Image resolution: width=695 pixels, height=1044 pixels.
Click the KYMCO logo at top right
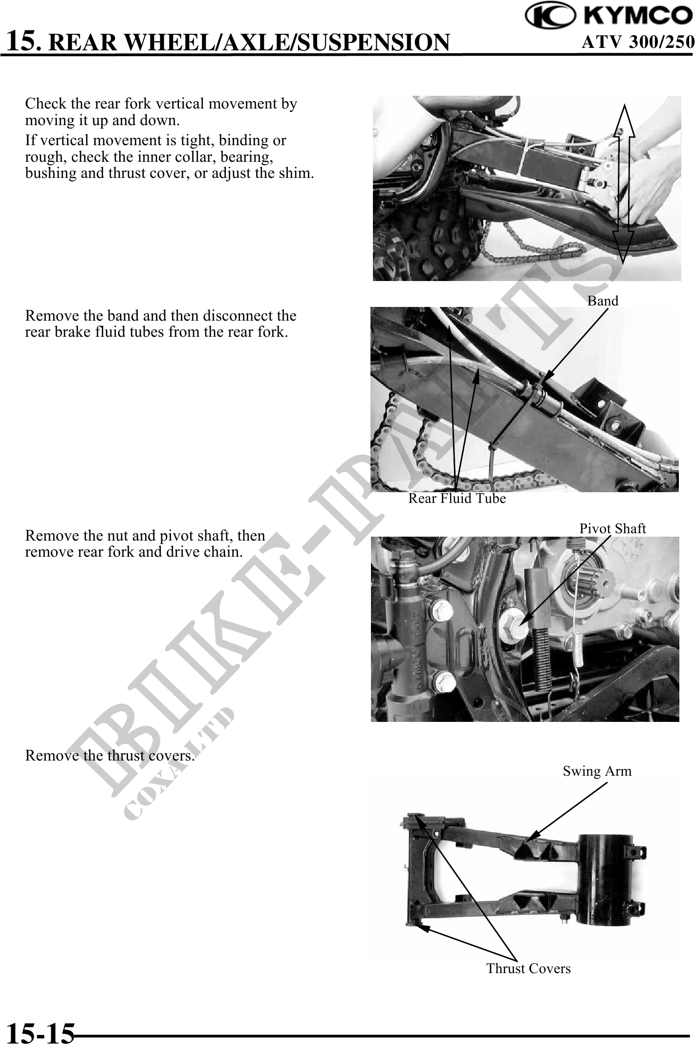pos(609,16)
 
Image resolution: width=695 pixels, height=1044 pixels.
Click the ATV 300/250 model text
pos(637,42)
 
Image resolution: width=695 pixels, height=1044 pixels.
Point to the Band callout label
pos(603,301)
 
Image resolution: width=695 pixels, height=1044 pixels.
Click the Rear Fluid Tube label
pos(457,499)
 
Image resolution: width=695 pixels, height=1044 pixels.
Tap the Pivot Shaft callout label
pos(612,528)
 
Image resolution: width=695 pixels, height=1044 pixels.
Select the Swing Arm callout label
pos(597,771)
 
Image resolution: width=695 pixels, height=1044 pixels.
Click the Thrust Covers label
pos(528,968)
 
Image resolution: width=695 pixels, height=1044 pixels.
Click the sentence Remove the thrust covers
pos(110,756)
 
